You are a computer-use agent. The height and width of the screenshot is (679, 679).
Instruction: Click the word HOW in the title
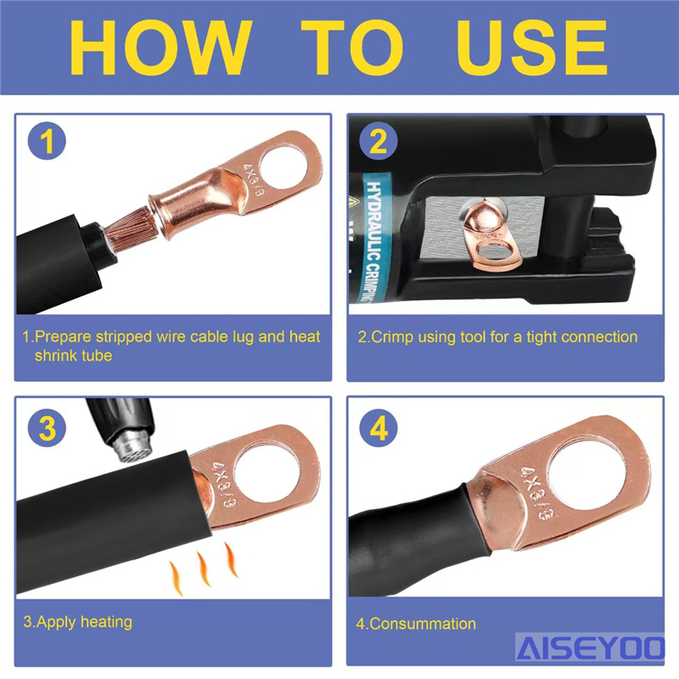(x=160, y=48)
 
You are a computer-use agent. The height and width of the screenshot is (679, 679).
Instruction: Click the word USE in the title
(x=532, y=48)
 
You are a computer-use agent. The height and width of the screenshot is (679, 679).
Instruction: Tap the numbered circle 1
(x=47, y=141)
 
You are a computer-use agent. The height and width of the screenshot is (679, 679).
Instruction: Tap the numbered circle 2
(x=378, y=141)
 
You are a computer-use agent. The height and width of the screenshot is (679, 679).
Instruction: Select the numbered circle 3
(x=47, y=428)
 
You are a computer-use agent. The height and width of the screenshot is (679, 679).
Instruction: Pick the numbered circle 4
(x=379, y=428)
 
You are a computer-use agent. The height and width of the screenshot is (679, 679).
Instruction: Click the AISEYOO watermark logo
(x=590, y=648)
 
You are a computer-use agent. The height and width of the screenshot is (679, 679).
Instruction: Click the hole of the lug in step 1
(x=284, y=167)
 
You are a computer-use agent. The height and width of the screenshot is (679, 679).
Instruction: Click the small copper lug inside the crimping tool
(x=490, y=236)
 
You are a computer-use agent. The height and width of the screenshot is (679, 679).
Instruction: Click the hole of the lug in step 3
(x=267, y=471)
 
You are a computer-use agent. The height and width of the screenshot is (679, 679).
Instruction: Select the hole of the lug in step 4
(x=586, y=475)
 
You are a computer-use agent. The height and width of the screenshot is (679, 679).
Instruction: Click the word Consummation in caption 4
(x=423, y=624)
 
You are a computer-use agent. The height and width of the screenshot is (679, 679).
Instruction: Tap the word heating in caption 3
(x=106, y=622)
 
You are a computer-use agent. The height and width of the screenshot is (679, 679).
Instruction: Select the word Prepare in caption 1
(x=63, y=337)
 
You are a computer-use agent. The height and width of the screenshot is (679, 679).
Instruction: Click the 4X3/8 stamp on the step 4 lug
(x=537, y=494)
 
